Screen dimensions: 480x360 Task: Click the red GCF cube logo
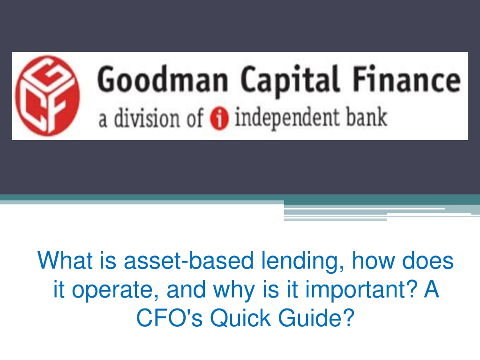tap(47, 96)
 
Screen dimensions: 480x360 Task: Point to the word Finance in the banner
tap(407, 78)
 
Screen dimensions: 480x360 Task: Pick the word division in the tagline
tap(147, 118)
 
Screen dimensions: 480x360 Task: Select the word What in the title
tap(65, 260)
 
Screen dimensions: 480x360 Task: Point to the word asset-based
tap(188, 261)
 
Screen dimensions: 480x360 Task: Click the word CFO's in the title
tap(169, 318)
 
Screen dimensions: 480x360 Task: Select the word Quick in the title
tap(240, 318)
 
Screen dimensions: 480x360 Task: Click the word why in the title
tap(234, 290)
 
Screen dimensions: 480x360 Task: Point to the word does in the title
tap(427, 261)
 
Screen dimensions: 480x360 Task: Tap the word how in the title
tap(373, 261)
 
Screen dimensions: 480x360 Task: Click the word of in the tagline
tap(195, 118)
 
